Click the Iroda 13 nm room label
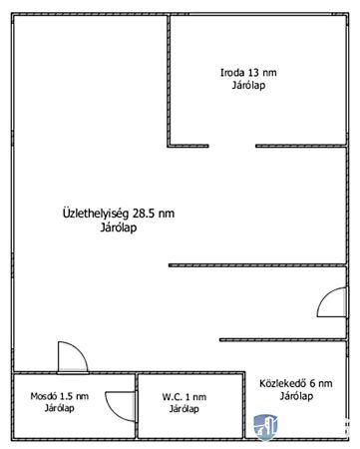tap(248, 73)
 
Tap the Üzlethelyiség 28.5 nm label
tap(119, 214)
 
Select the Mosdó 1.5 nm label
tap(60, 396)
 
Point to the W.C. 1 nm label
tap(184, 397)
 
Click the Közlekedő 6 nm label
tap(296, 383)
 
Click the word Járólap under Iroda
tap(248, 86)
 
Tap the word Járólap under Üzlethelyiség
tap(119, 227)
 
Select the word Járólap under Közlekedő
tap(296, 396)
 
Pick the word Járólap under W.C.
tap(184, 409)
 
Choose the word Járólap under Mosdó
tap(60, 408)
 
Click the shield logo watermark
tap(265, 427)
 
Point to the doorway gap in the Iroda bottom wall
tap(232, 146)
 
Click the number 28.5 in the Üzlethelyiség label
tap(144, 214)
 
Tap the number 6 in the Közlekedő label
tap(312, 383)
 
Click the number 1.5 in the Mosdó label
tap(66, 396)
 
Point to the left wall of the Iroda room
tap(169, 81)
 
